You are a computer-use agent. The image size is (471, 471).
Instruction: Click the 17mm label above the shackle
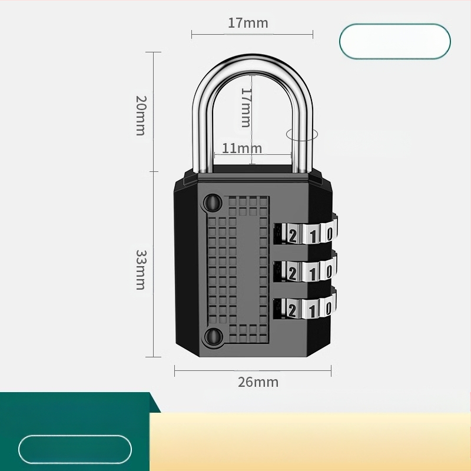click(248, 24)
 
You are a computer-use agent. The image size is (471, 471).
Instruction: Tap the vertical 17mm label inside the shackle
click(246, 108)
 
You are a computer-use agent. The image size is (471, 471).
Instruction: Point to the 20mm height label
click(140, 115)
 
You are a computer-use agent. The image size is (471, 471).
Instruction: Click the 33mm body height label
click(141, 269)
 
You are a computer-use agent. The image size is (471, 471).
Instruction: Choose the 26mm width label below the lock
click(258, 382)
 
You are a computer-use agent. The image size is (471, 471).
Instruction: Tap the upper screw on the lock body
click(211, 203)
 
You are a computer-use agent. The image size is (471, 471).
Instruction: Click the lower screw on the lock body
click(211, 337)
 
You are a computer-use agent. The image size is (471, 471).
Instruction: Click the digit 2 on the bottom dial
click(293, 309)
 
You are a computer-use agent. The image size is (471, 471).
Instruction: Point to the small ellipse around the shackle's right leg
click(301, 134)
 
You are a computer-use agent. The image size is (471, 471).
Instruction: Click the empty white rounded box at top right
click(394, 41)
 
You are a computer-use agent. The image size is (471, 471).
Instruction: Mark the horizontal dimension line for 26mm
click(253, 370)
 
